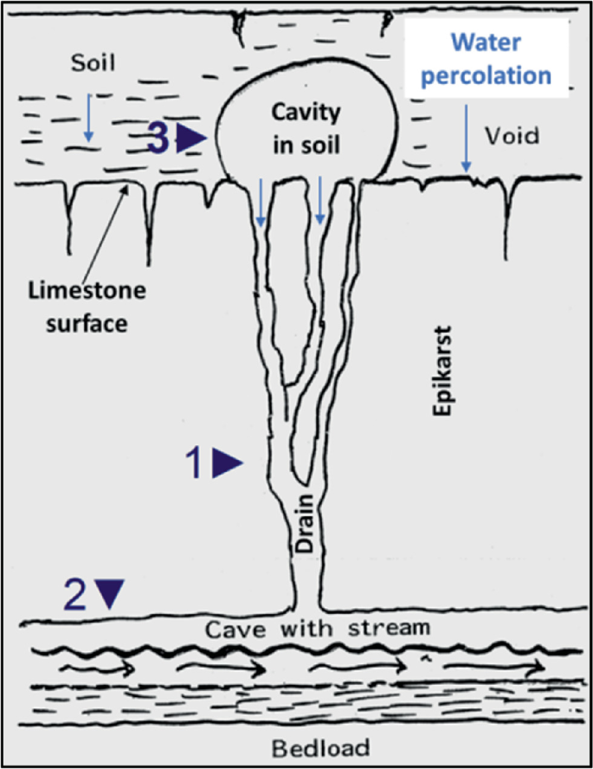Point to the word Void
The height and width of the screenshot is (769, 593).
(x=512, y=135)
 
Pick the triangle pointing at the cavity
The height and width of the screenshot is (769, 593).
(x=191, y=139)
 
